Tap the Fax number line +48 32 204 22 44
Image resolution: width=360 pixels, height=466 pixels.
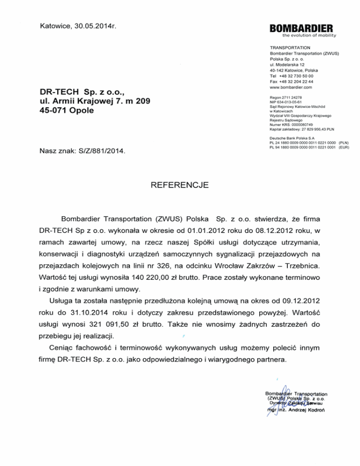[x=292, y=82]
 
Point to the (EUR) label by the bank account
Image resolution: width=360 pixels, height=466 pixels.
[x=344, y=147]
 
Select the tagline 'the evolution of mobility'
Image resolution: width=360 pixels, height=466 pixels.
[x=309, y=35]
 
